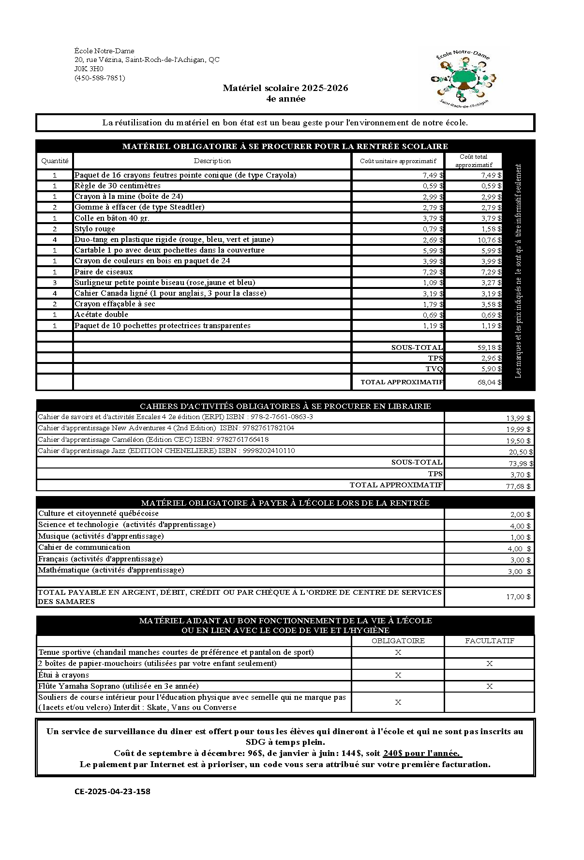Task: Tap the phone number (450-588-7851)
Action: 100,77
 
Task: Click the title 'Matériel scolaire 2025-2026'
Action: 285,88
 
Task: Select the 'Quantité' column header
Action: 55,161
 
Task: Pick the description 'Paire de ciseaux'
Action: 104,272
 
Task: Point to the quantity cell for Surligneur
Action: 55,283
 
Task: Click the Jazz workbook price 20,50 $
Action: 521,452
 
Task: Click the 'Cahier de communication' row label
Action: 84,547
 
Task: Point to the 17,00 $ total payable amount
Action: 518,597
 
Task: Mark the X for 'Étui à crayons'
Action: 398,675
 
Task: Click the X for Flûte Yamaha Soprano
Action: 489,686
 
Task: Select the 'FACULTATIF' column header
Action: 489,641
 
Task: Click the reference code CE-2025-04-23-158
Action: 112,792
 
